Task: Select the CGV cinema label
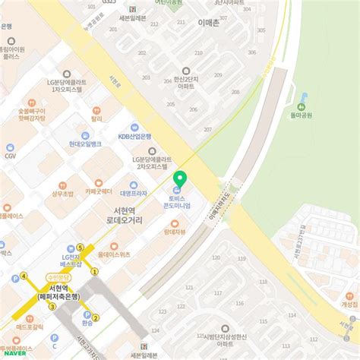10,155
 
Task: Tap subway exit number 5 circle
79,248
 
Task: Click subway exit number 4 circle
24,276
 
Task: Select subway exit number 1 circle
95,271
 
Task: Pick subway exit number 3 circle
52,307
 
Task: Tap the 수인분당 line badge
58,277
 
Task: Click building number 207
207,130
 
